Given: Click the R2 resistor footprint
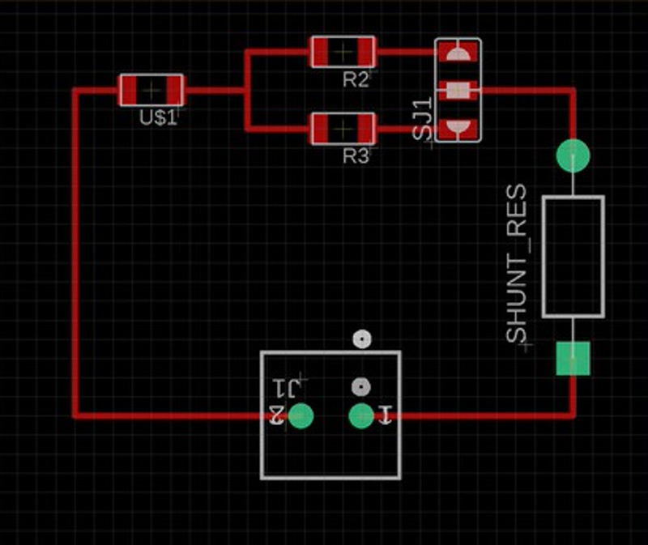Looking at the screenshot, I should point(343,52).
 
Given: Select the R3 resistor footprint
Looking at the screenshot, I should point(343,128).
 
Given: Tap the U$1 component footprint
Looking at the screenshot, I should point(151,90).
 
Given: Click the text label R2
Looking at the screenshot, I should point(355,79).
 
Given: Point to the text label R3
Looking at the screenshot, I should point(355,155).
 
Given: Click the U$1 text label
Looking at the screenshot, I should point(157,117).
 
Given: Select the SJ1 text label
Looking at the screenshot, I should point(422,121).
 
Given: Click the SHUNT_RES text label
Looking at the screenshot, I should point(517,264).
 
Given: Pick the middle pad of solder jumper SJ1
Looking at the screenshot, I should point(458,90).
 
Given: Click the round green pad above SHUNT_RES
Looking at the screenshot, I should point(573,155).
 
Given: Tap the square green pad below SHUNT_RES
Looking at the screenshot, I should point(573,358).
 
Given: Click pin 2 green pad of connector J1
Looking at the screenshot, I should point(301,415).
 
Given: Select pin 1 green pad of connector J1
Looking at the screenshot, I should point(360,415).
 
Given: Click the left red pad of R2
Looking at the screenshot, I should point(321,52).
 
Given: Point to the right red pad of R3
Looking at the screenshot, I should point(365,128).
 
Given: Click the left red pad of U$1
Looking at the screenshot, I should point(129,90).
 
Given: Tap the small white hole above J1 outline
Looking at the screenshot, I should point(361,339).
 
